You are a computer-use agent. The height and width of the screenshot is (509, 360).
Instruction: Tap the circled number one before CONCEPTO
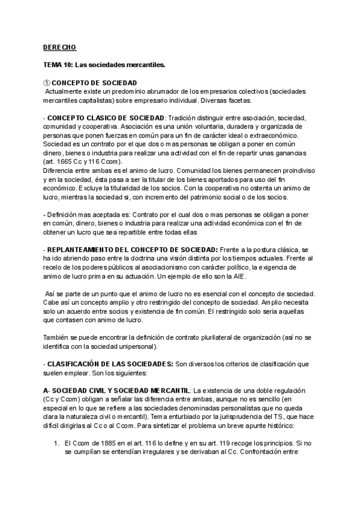[47, 82]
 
